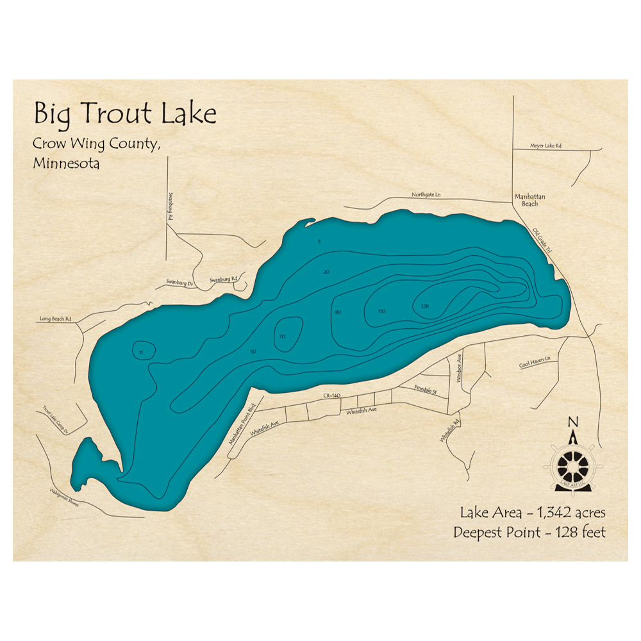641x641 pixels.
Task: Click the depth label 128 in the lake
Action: [424, 306]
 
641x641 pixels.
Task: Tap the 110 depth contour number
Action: [382, 312]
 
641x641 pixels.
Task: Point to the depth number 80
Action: [338, 312]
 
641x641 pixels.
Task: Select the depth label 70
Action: [281, 337]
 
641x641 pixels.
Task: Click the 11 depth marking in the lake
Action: [140, 352]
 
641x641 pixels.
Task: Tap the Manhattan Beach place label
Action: [530, 200]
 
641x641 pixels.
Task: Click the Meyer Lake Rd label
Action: [545, 146]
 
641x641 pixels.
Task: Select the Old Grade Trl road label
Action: [542, 244]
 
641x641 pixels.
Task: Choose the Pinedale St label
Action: [426, 388]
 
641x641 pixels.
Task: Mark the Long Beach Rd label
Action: [54, 319]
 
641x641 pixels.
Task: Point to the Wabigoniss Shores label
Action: [65, 498]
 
